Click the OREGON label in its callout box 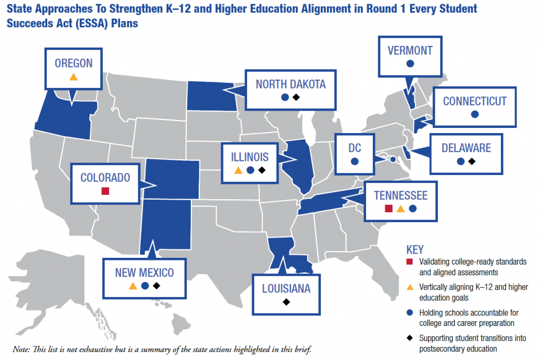click(x=73, y=63)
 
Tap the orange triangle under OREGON click(x=73, y=77)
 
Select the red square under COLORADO click(x=105, y=191)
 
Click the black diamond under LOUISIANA click(x=286, y=302)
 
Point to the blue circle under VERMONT click(x=410, y=64)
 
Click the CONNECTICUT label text click(x=475, y=101)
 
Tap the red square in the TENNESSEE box click(x=389, y=209)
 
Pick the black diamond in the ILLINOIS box click(x=262, y=170)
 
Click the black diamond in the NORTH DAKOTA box click(x=296, y=97)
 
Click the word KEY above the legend click(x=415, y=249)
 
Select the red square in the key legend click(x=410, y=261)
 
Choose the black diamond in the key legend click(x=410, y=338)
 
